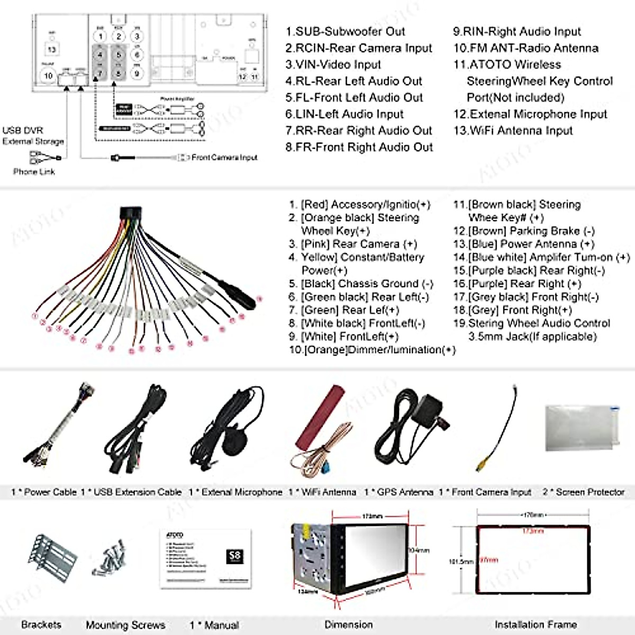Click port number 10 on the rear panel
click(x=48, y=76)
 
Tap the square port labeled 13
click(x=52, y=49)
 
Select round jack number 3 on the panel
click(x=137, y=37)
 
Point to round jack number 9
click(x=137, y=74)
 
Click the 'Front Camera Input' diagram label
click(x=224, y=157)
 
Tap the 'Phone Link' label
click(x=34, y=171)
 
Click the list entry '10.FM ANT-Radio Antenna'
click(x=525, y=48)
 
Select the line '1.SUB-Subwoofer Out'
click(x=345, y=32)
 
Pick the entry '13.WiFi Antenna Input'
click(x=513, y=131)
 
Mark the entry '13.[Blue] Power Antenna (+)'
click(x=523, y=244)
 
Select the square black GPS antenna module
click(x=430, y=408)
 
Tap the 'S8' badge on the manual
click(x=234, y=556)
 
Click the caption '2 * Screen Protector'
click(x=584, y=492)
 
